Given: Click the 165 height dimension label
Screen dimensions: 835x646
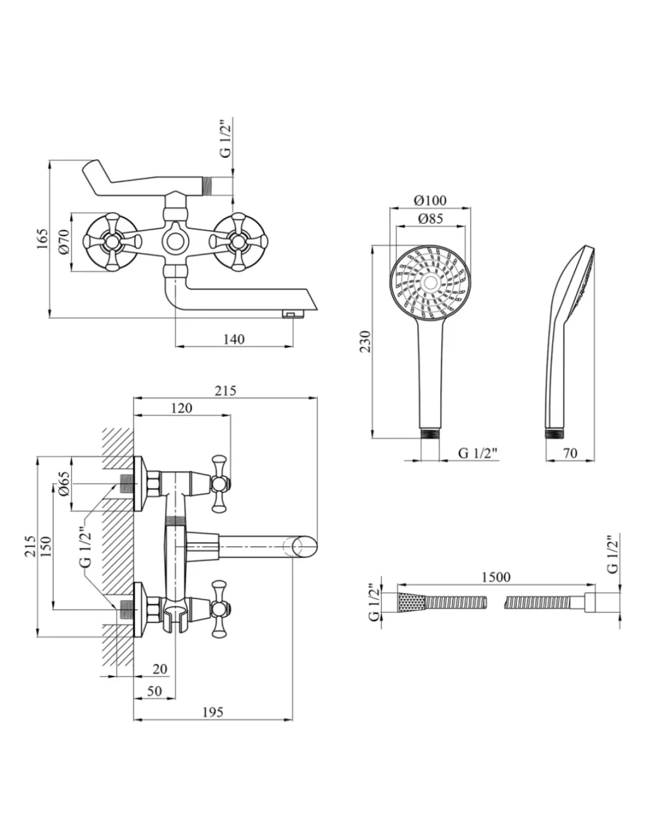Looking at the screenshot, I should (x=41, y=240).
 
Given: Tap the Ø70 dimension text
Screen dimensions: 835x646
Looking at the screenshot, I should (x=64, y=241).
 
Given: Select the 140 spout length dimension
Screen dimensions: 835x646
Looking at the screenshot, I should (x=234, y=339).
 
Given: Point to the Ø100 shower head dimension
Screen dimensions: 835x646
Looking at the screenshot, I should (x=430, y=200).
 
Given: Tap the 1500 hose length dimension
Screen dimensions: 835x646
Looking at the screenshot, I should (x=496, y=577).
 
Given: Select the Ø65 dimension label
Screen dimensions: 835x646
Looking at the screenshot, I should (x=64, y=483).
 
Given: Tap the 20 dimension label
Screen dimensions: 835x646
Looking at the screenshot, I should (x=159, y=668).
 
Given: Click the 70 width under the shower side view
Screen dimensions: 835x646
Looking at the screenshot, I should (x=570, y=453).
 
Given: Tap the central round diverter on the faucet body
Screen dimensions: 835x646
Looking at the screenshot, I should (x=174, y=241).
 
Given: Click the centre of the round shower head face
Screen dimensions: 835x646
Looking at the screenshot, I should (x=430, y=284).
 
